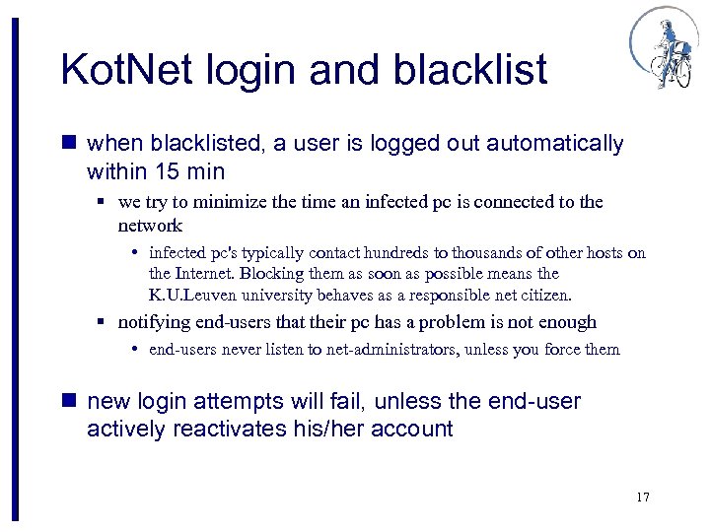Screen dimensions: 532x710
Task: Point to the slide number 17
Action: tap(643, 497)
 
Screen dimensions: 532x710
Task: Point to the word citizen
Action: tap(544, 295)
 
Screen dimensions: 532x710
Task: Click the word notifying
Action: tap(153, 322)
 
